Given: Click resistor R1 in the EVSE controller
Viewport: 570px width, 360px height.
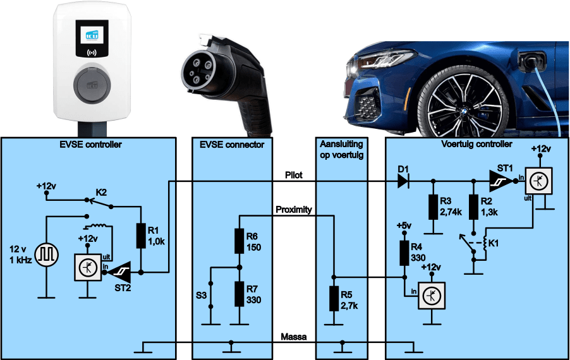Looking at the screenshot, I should (141, 235).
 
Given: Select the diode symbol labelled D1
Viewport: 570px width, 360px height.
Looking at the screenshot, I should (403, 182).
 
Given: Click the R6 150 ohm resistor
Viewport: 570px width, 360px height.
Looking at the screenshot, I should (239, 241).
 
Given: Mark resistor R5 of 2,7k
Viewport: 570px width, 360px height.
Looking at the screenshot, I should (334, 299).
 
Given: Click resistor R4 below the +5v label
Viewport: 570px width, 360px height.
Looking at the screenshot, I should (404, 252).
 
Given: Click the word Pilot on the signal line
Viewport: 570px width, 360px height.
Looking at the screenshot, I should (294, 175).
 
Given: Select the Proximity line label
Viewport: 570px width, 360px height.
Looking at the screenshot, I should (293, 209).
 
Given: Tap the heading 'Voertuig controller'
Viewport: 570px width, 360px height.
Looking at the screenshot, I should (476, 145).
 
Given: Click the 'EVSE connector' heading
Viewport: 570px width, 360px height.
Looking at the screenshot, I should (231, 145).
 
